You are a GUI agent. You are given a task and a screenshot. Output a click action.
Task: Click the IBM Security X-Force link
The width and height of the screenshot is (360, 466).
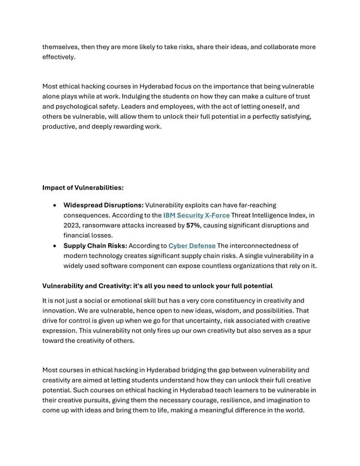point(196,216)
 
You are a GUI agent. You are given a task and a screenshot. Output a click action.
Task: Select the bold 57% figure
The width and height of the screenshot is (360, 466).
point(194,226)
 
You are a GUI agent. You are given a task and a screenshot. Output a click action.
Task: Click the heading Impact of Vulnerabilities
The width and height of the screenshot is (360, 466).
point(83,187)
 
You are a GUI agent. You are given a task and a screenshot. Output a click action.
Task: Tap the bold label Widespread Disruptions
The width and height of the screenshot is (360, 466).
point(103,205)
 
